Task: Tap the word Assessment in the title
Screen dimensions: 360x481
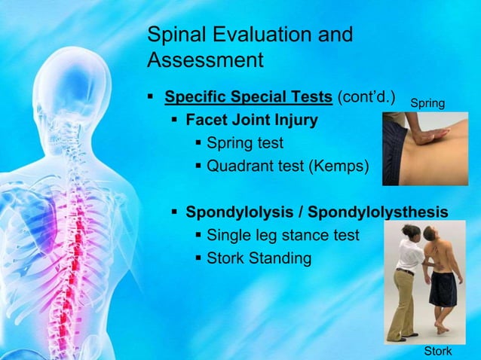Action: click(205, 59)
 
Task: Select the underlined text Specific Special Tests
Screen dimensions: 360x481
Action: click(248, 97)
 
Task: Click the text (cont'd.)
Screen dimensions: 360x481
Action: click(366, 97)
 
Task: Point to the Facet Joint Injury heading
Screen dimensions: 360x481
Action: click(252, 120)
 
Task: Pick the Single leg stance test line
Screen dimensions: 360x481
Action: click(283, 236)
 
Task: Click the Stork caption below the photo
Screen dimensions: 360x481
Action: click(437, 351)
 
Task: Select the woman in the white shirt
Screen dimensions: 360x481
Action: click(404, 279)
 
